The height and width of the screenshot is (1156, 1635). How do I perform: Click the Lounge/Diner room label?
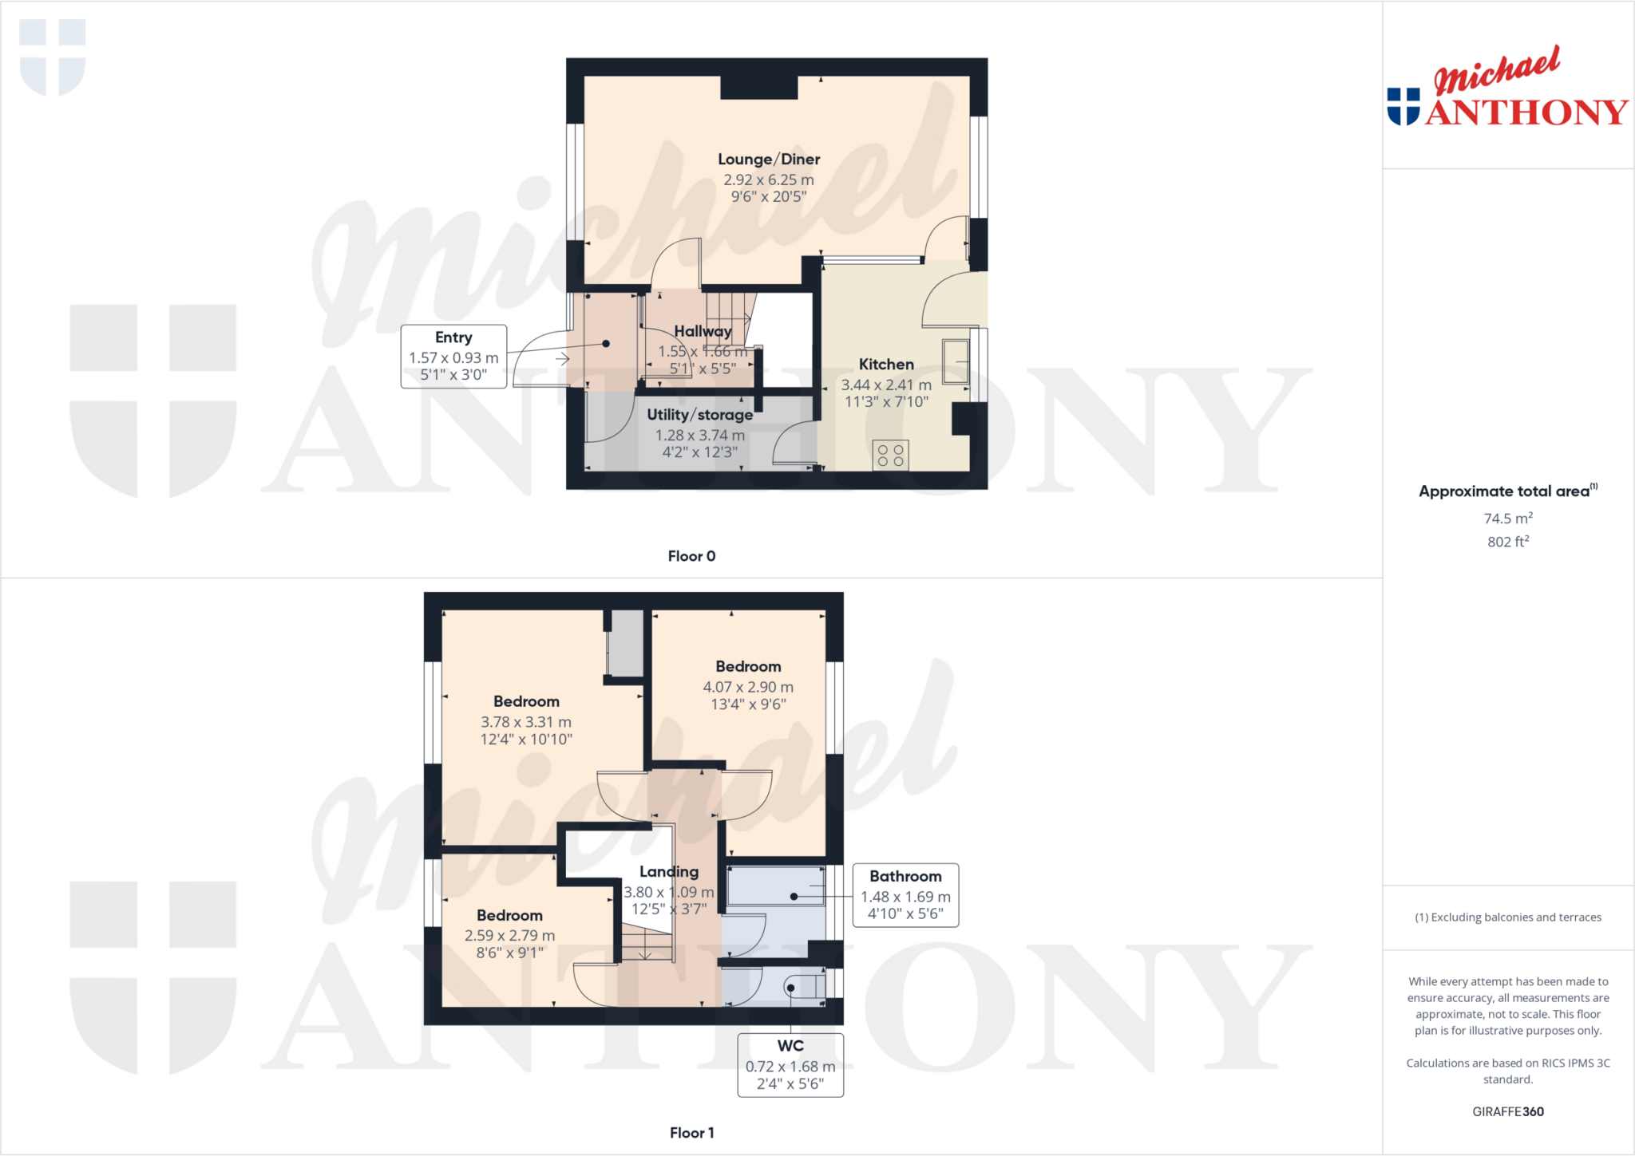click(768, 160)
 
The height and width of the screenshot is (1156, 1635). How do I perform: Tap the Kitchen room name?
click(886, 365)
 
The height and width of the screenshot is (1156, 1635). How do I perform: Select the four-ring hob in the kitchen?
click(890, 456)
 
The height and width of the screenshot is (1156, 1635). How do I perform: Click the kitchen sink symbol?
click(956, 361)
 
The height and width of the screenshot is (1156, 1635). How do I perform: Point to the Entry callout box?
click(453, 356)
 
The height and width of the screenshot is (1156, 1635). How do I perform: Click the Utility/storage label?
click(699, 415)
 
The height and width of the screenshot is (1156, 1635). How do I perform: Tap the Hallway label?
click(703, 331)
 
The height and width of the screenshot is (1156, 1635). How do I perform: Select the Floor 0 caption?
click(691, 556)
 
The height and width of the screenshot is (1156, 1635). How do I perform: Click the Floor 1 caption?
click(691, 1133)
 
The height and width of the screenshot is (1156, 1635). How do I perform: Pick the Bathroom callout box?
click(905, 895)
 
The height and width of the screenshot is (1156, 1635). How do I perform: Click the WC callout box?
click(790, 1065)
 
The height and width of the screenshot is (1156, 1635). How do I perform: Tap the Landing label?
click(669, 872)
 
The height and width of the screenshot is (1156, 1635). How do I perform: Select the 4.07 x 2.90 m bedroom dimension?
click(748, 687)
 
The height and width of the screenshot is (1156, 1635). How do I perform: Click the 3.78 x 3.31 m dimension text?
click(526, 722)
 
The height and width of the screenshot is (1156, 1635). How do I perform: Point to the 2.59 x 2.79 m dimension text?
click(509, 936)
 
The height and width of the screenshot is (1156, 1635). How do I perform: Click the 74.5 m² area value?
click(1507, 519)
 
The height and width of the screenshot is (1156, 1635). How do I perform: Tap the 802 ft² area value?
click(1507, 542)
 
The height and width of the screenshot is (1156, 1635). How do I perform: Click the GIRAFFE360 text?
click(1507, 1111)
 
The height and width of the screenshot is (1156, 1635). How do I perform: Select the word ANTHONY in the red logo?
click(1526, 112)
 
